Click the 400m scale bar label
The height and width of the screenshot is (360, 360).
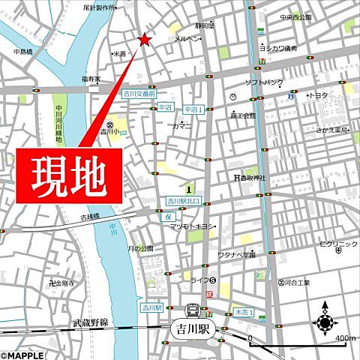345,338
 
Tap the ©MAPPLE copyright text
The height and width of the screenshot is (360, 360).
23,352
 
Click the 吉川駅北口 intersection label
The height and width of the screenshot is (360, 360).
185,201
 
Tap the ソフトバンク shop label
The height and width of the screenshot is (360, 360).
263,82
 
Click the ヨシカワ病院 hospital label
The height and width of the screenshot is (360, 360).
278,48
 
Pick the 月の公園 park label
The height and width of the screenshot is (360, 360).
140,248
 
